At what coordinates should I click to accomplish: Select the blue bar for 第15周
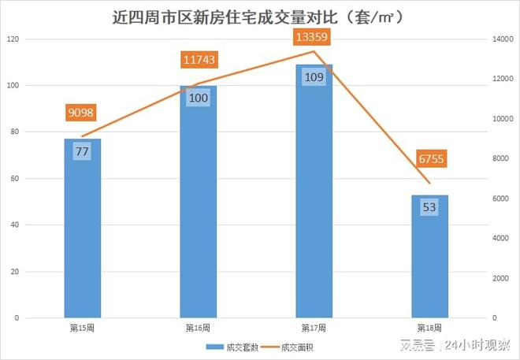coord(83,236)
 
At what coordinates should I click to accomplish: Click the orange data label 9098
coord(83,113)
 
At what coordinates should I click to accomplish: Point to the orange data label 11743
coord(199,60)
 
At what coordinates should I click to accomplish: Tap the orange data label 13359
coord(314,37)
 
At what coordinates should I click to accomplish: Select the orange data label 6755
coord(431,159)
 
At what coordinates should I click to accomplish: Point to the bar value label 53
coord(429,208)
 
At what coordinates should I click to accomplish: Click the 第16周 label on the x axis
coord(198,326)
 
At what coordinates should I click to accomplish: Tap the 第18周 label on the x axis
coord(429,326)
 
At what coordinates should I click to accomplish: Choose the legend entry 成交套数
coord(235,346)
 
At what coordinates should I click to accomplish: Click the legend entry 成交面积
coord(297,346)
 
